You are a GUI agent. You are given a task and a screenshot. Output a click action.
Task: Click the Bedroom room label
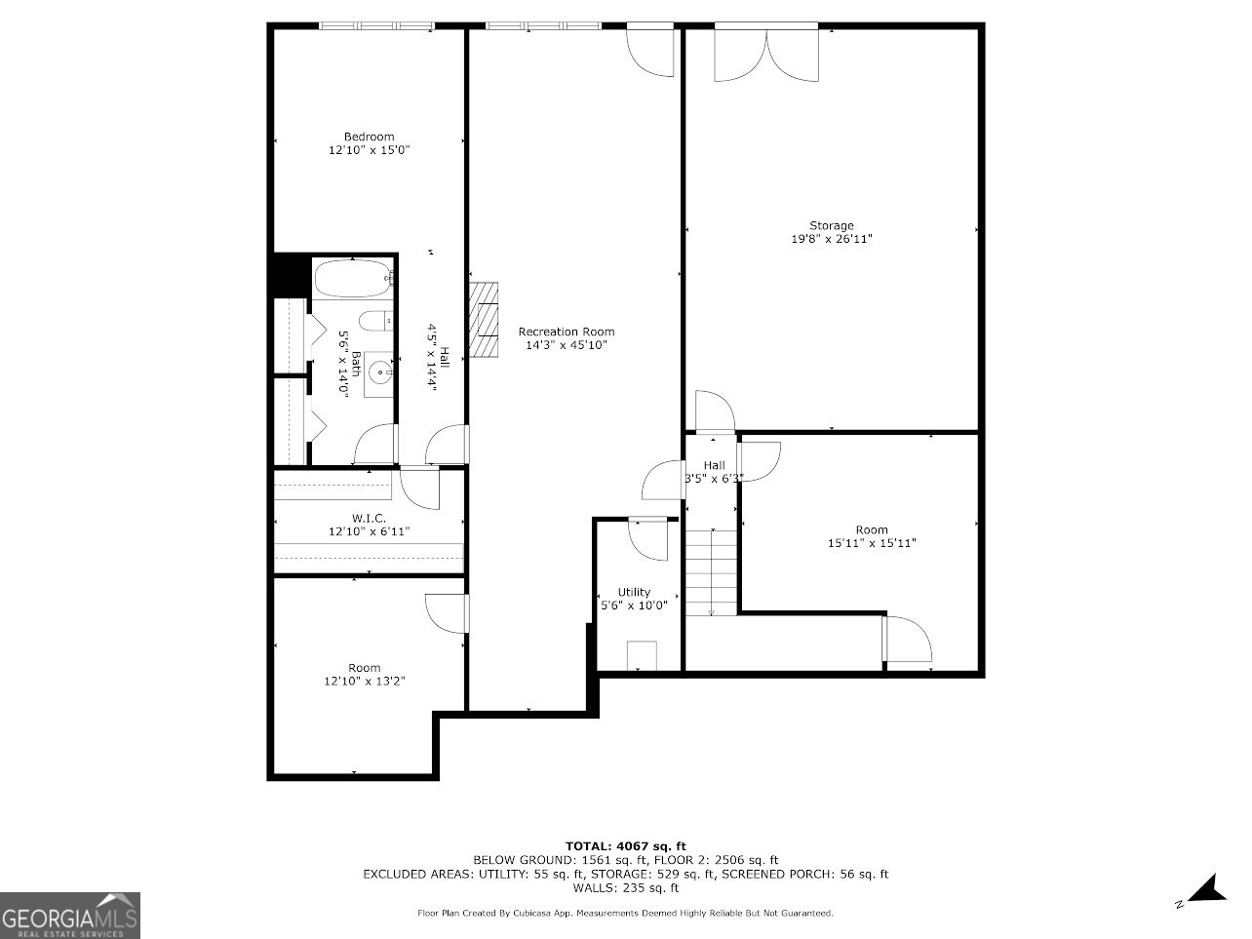(x=369, y=137)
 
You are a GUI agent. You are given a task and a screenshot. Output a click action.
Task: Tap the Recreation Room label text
(x=566, y=332)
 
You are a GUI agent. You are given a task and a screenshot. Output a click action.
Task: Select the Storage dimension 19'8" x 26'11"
(x=831, y=239)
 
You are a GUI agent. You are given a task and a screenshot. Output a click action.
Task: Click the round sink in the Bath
(x=379, y=371)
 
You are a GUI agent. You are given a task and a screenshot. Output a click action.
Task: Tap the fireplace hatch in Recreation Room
(x=483, y=320)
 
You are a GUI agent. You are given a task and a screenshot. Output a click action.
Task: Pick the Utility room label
(x=634, y=592)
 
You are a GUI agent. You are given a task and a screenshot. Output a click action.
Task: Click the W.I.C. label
(x=369, y=518)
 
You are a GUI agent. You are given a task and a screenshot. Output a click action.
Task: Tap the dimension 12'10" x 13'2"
(x=365, y=682)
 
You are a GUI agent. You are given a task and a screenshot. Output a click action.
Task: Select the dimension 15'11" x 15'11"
(x=872, y=544)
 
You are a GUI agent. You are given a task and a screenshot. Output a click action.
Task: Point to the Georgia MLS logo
(x=70, y=916)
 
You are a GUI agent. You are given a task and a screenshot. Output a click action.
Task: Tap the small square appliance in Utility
(x=642, y=654)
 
